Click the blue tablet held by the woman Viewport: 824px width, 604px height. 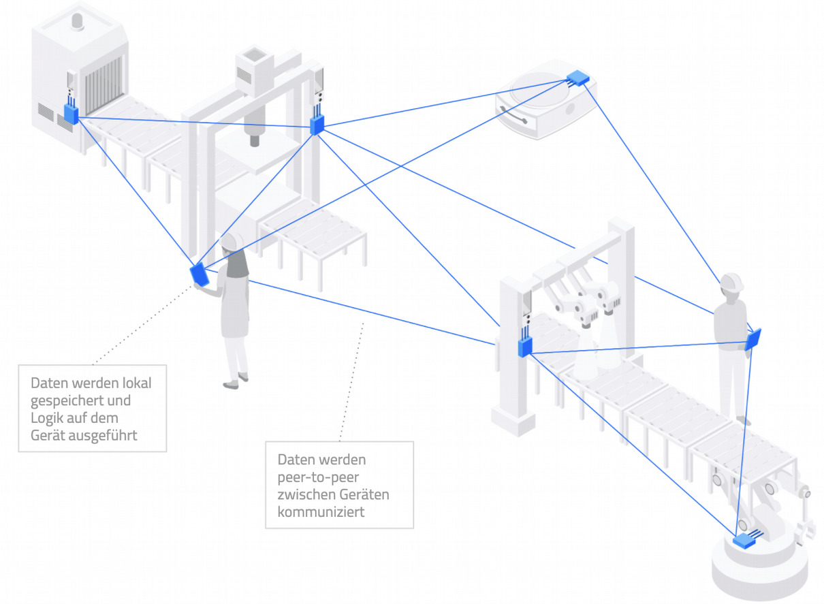click(x=200, y=273)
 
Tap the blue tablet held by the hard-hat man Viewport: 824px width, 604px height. click(x=752, y=339)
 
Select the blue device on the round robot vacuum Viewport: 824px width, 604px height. click(x=578, y=78)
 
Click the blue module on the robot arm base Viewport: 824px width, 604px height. click(x=745, y=541)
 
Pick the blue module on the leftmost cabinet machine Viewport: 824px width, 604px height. click(x=72, y=112)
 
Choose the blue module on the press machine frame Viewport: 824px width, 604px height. click(x=317, y=125)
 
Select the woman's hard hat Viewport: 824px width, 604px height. click(x=232, y=240)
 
